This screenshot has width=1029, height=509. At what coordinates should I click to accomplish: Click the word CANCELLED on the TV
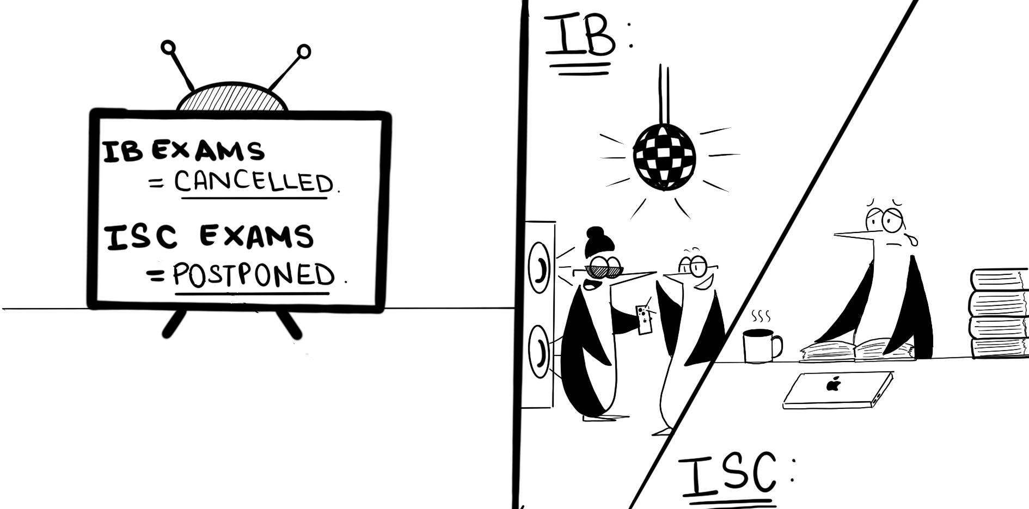(x=253, y=182)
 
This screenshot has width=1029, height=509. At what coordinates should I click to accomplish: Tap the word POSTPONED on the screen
(x=254, y=275)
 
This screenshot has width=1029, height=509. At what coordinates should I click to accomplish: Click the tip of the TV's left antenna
(x=169, y=47)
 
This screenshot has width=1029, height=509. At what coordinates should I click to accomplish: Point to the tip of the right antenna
(x=304, y=52)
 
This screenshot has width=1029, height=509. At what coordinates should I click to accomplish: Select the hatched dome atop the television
(x=231, y=100)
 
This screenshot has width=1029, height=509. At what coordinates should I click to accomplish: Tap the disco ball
(x=664, y=157)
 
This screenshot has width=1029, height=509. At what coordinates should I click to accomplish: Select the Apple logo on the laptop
(x=833, y=385)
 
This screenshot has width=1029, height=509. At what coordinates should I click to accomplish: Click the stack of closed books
(x=999, y=314)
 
